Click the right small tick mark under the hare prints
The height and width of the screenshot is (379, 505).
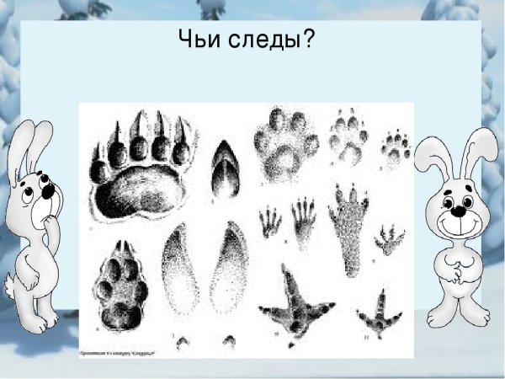tap(229, 341)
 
